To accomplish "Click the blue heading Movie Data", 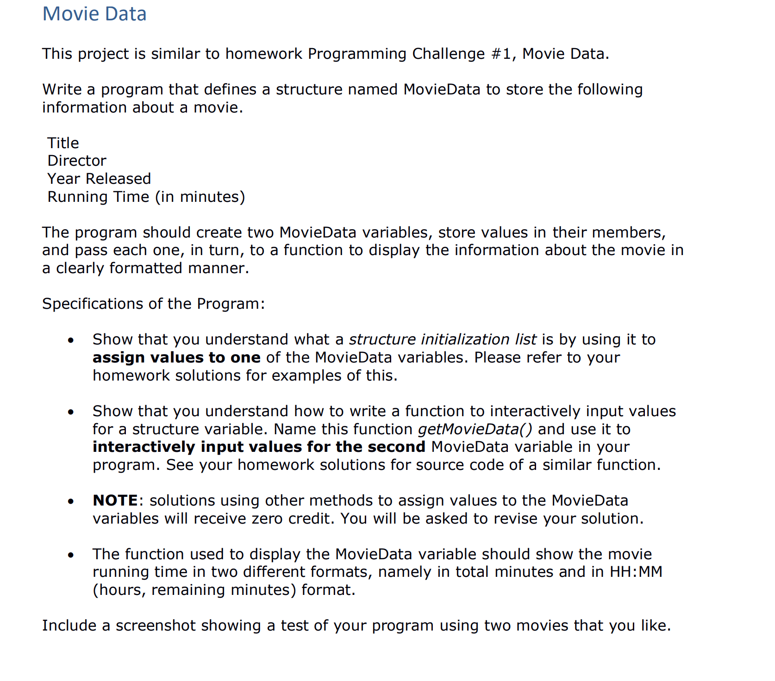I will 94,14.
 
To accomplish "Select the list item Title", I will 63,143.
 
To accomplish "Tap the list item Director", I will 77,161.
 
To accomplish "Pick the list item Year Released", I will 99,179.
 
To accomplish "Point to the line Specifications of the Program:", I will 153,304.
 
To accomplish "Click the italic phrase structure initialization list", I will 443,339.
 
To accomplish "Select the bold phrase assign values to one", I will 176,357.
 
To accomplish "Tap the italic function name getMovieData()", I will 475,429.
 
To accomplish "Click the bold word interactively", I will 144,447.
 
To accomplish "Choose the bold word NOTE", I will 115,500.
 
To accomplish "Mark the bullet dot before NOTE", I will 70,501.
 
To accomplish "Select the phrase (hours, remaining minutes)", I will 194,590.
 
